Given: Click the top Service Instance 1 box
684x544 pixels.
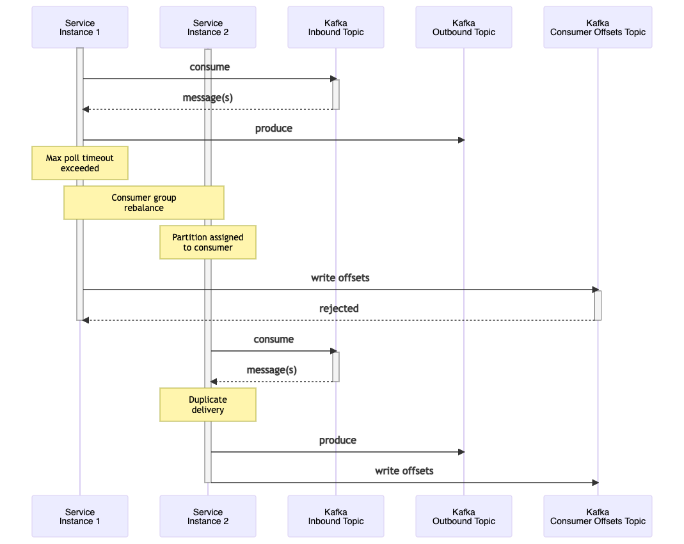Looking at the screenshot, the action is (x=80, y=27).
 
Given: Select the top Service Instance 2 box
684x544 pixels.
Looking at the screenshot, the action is (x=208, y=27).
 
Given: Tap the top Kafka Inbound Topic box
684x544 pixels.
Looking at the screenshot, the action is (x=336, y=27).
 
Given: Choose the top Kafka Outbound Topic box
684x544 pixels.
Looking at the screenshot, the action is (x=464, y=27).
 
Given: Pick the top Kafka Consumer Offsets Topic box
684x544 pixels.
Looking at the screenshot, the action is (x=598, y=27).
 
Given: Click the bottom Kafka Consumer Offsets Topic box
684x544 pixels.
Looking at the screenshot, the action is (x=598, y=516).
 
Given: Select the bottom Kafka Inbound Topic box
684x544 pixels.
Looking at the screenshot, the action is (x=336, y=516).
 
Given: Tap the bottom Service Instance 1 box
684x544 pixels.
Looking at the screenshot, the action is (x=80, y=516).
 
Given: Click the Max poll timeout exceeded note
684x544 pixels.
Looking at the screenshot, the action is (x=80, y=163).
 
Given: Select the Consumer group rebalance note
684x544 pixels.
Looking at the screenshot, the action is (x=144, y=203).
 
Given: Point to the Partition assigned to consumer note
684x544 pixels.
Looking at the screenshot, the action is (x=208, y=242).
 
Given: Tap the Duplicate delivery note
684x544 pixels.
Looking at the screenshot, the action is (x=208, y=405).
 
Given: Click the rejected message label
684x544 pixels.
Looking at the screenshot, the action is (x=339, y=309).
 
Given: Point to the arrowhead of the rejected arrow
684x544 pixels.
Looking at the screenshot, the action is (x=86, y=320).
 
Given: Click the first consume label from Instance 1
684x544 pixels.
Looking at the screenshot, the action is (x=209, y=66).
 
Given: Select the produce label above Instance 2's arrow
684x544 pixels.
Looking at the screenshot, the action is (x=338, y=440).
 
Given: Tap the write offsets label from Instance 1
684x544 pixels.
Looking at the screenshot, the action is (x=340, y=277).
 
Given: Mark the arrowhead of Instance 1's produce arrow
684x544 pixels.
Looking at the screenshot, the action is (x=461, y=140).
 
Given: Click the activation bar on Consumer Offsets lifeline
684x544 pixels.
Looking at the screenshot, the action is (x=598, y=306).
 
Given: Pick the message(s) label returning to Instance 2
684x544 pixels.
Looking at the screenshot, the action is (x=272, y=370).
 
